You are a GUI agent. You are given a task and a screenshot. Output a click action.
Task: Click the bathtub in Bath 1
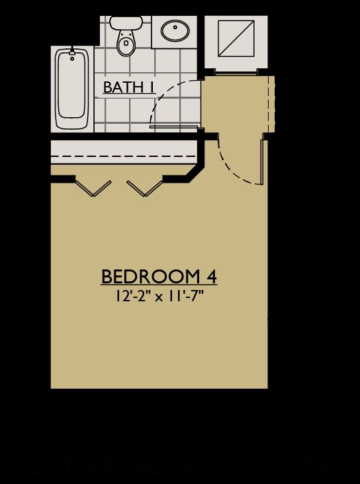click(x=72, y=89)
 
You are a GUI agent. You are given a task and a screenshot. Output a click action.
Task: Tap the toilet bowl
click(x=124, y=44)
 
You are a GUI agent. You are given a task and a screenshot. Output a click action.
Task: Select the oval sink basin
click(x=175, y=30)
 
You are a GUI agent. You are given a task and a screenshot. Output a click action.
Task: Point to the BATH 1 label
click(x=127, y=87)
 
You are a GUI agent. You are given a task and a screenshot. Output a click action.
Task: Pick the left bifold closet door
click(x=93, y=188)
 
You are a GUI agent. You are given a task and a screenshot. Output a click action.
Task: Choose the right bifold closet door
click(x=144, y=188)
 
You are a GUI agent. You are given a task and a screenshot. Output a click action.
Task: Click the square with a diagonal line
click(x=236, y=38)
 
